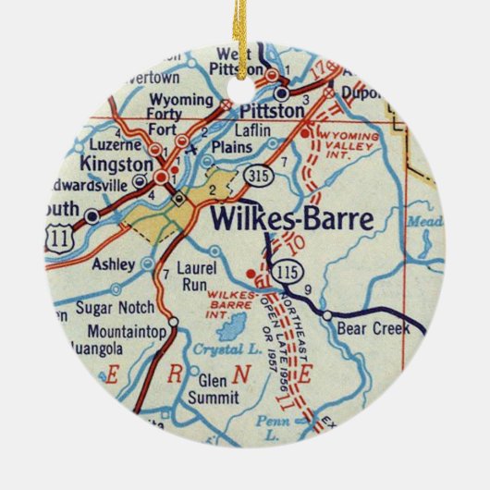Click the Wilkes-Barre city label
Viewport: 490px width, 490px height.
point(292,220)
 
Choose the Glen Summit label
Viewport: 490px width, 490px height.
point(212,388)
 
